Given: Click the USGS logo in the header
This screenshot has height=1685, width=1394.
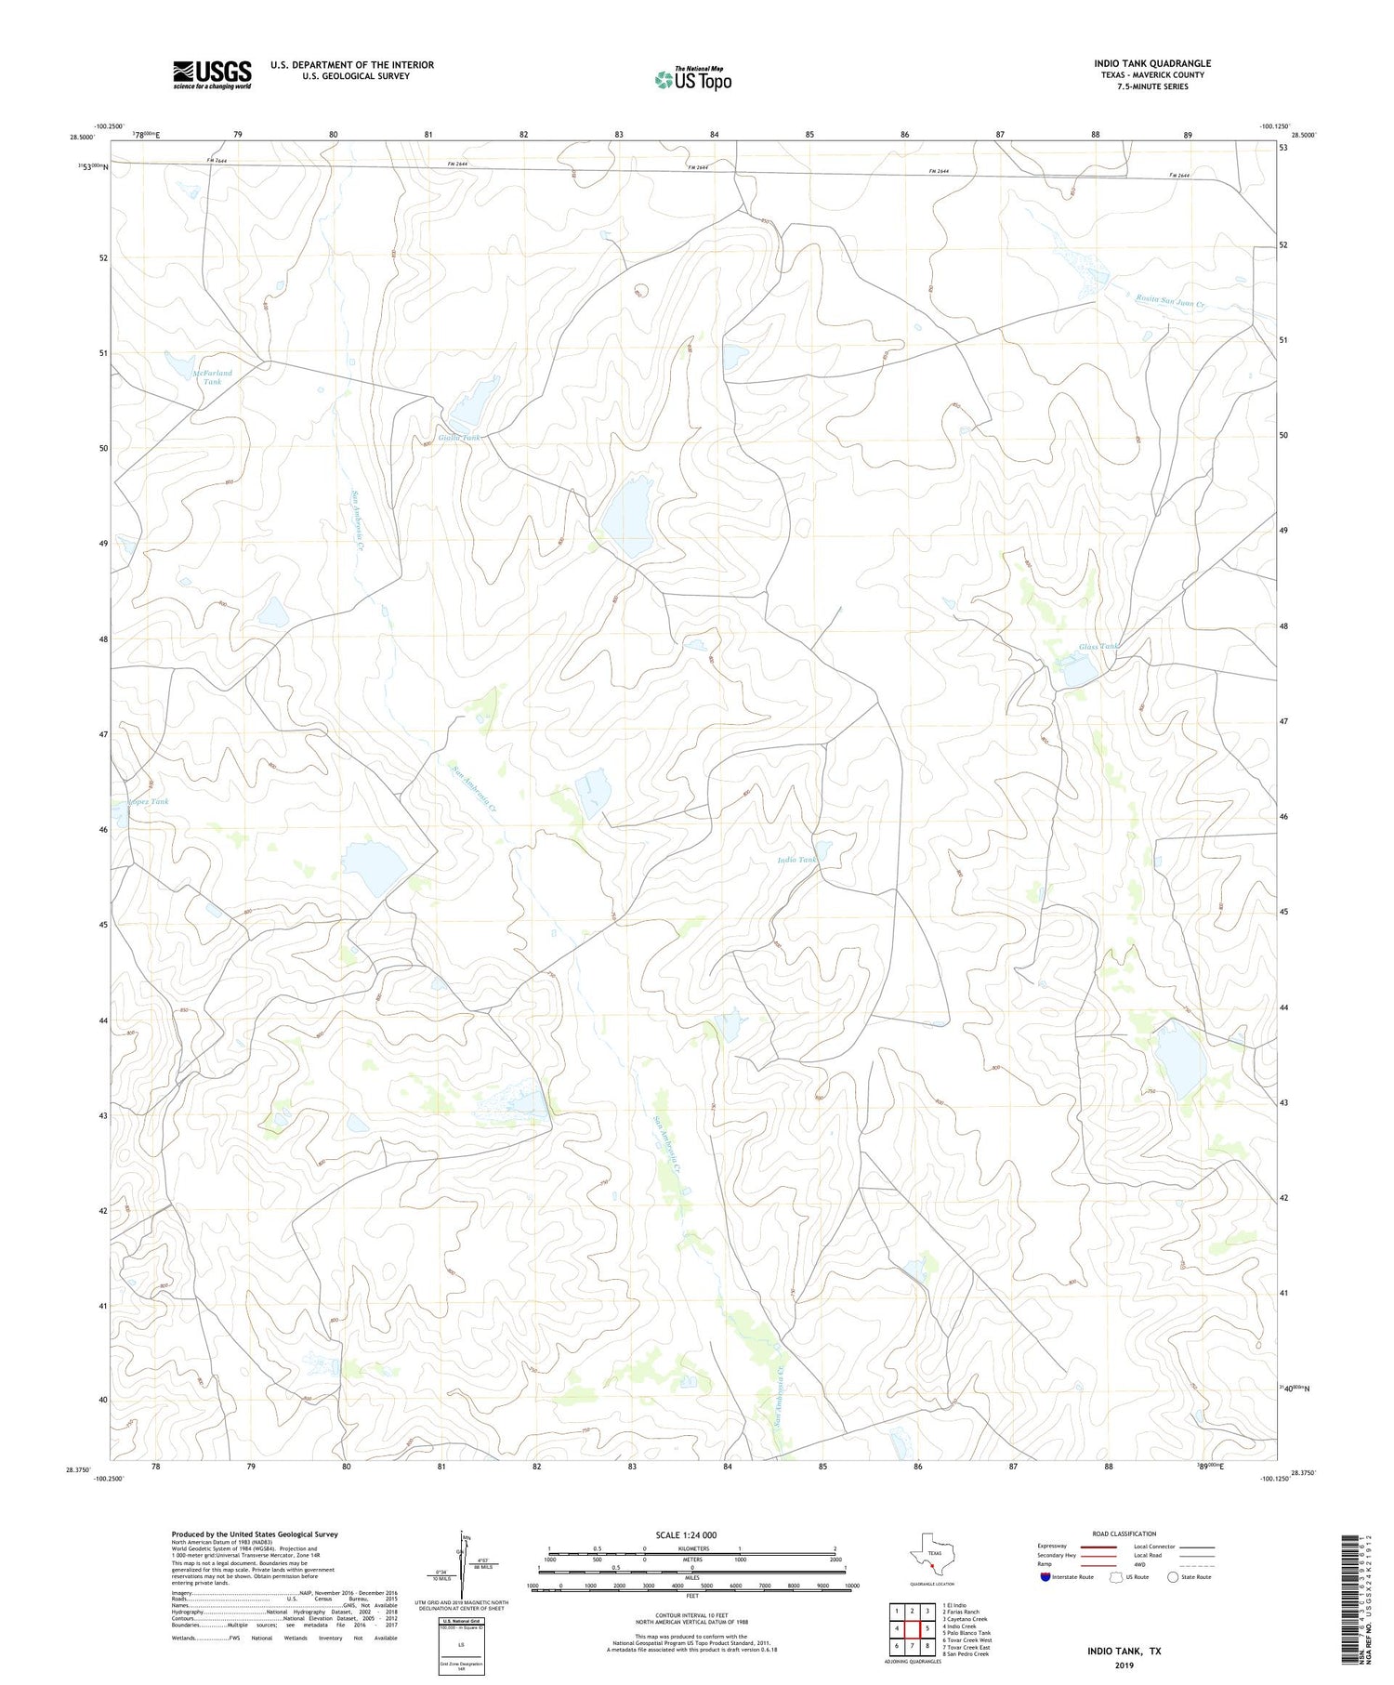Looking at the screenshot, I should point(212,74).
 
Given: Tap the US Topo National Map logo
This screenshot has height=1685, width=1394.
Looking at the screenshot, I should point(692,80).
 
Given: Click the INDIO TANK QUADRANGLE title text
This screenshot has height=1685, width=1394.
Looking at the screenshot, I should point(1151,63).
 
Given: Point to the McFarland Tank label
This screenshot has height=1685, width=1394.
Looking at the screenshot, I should point(213,377).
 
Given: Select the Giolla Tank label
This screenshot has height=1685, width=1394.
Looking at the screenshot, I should point(460,437).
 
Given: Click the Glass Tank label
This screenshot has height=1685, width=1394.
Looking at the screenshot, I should point(1098,646).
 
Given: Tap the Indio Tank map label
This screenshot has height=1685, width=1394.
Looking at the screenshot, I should point(797,860).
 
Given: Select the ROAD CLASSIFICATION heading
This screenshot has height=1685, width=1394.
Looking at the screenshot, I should point(1124,1534).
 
